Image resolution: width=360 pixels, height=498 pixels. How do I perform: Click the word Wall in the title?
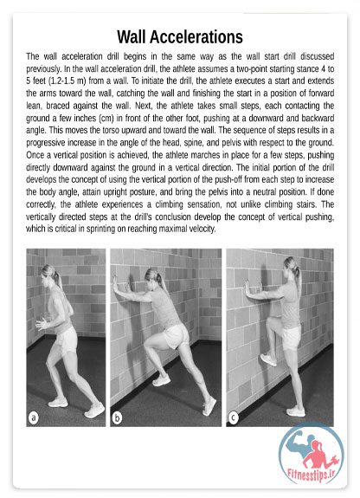(x=132, y=37)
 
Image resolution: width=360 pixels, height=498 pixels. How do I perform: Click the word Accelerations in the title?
(x=196, y=37)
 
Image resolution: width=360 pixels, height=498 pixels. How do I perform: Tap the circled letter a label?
(x=33, y=417)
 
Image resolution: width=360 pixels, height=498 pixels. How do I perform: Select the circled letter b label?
(x=117, y=417)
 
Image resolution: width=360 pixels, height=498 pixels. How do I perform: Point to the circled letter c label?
(x=234, y=417)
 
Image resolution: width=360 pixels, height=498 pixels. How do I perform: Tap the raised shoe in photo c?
(x=268, y=359)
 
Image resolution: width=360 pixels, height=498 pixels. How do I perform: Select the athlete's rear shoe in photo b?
(x=209, y=406)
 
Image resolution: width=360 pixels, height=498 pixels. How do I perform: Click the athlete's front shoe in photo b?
(x=161, y=380)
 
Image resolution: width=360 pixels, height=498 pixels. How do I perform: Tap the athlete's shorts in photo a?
(x=66, y=340)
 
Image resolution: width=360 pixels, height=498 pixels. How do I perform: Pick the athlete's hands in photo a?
(x=42, y=324)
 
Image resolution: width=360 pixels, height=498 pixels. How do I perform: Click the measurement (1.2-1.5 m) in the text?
(x=67, y=81)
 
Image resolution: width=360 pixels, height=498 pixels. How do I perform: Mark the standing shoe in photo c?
(x=296, y=411)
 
